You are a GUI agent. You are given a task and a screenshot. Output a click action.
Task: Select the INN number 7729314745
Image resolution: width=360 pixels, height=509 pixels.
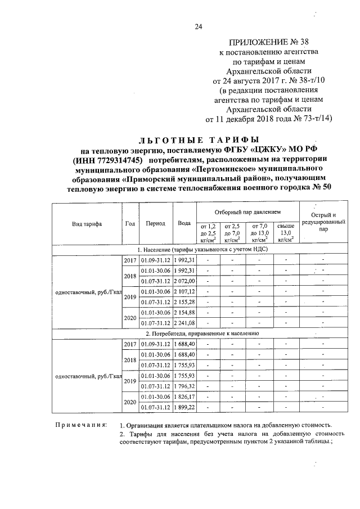116,160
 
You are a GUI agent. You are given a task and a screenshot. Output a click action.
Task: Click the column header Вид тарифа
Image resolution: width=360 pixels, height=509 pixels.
87,223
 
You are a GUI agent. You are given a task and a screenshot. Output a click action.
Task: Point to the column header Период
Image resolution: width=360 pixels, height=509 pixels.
155,223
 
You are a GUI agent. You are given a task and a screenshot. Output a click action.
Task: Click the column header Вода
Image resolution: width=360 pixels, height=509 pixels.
184,223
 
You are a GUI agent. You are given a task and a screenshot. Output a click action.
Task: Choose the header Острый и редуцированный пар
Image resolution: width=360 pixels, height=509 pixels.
323,222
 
